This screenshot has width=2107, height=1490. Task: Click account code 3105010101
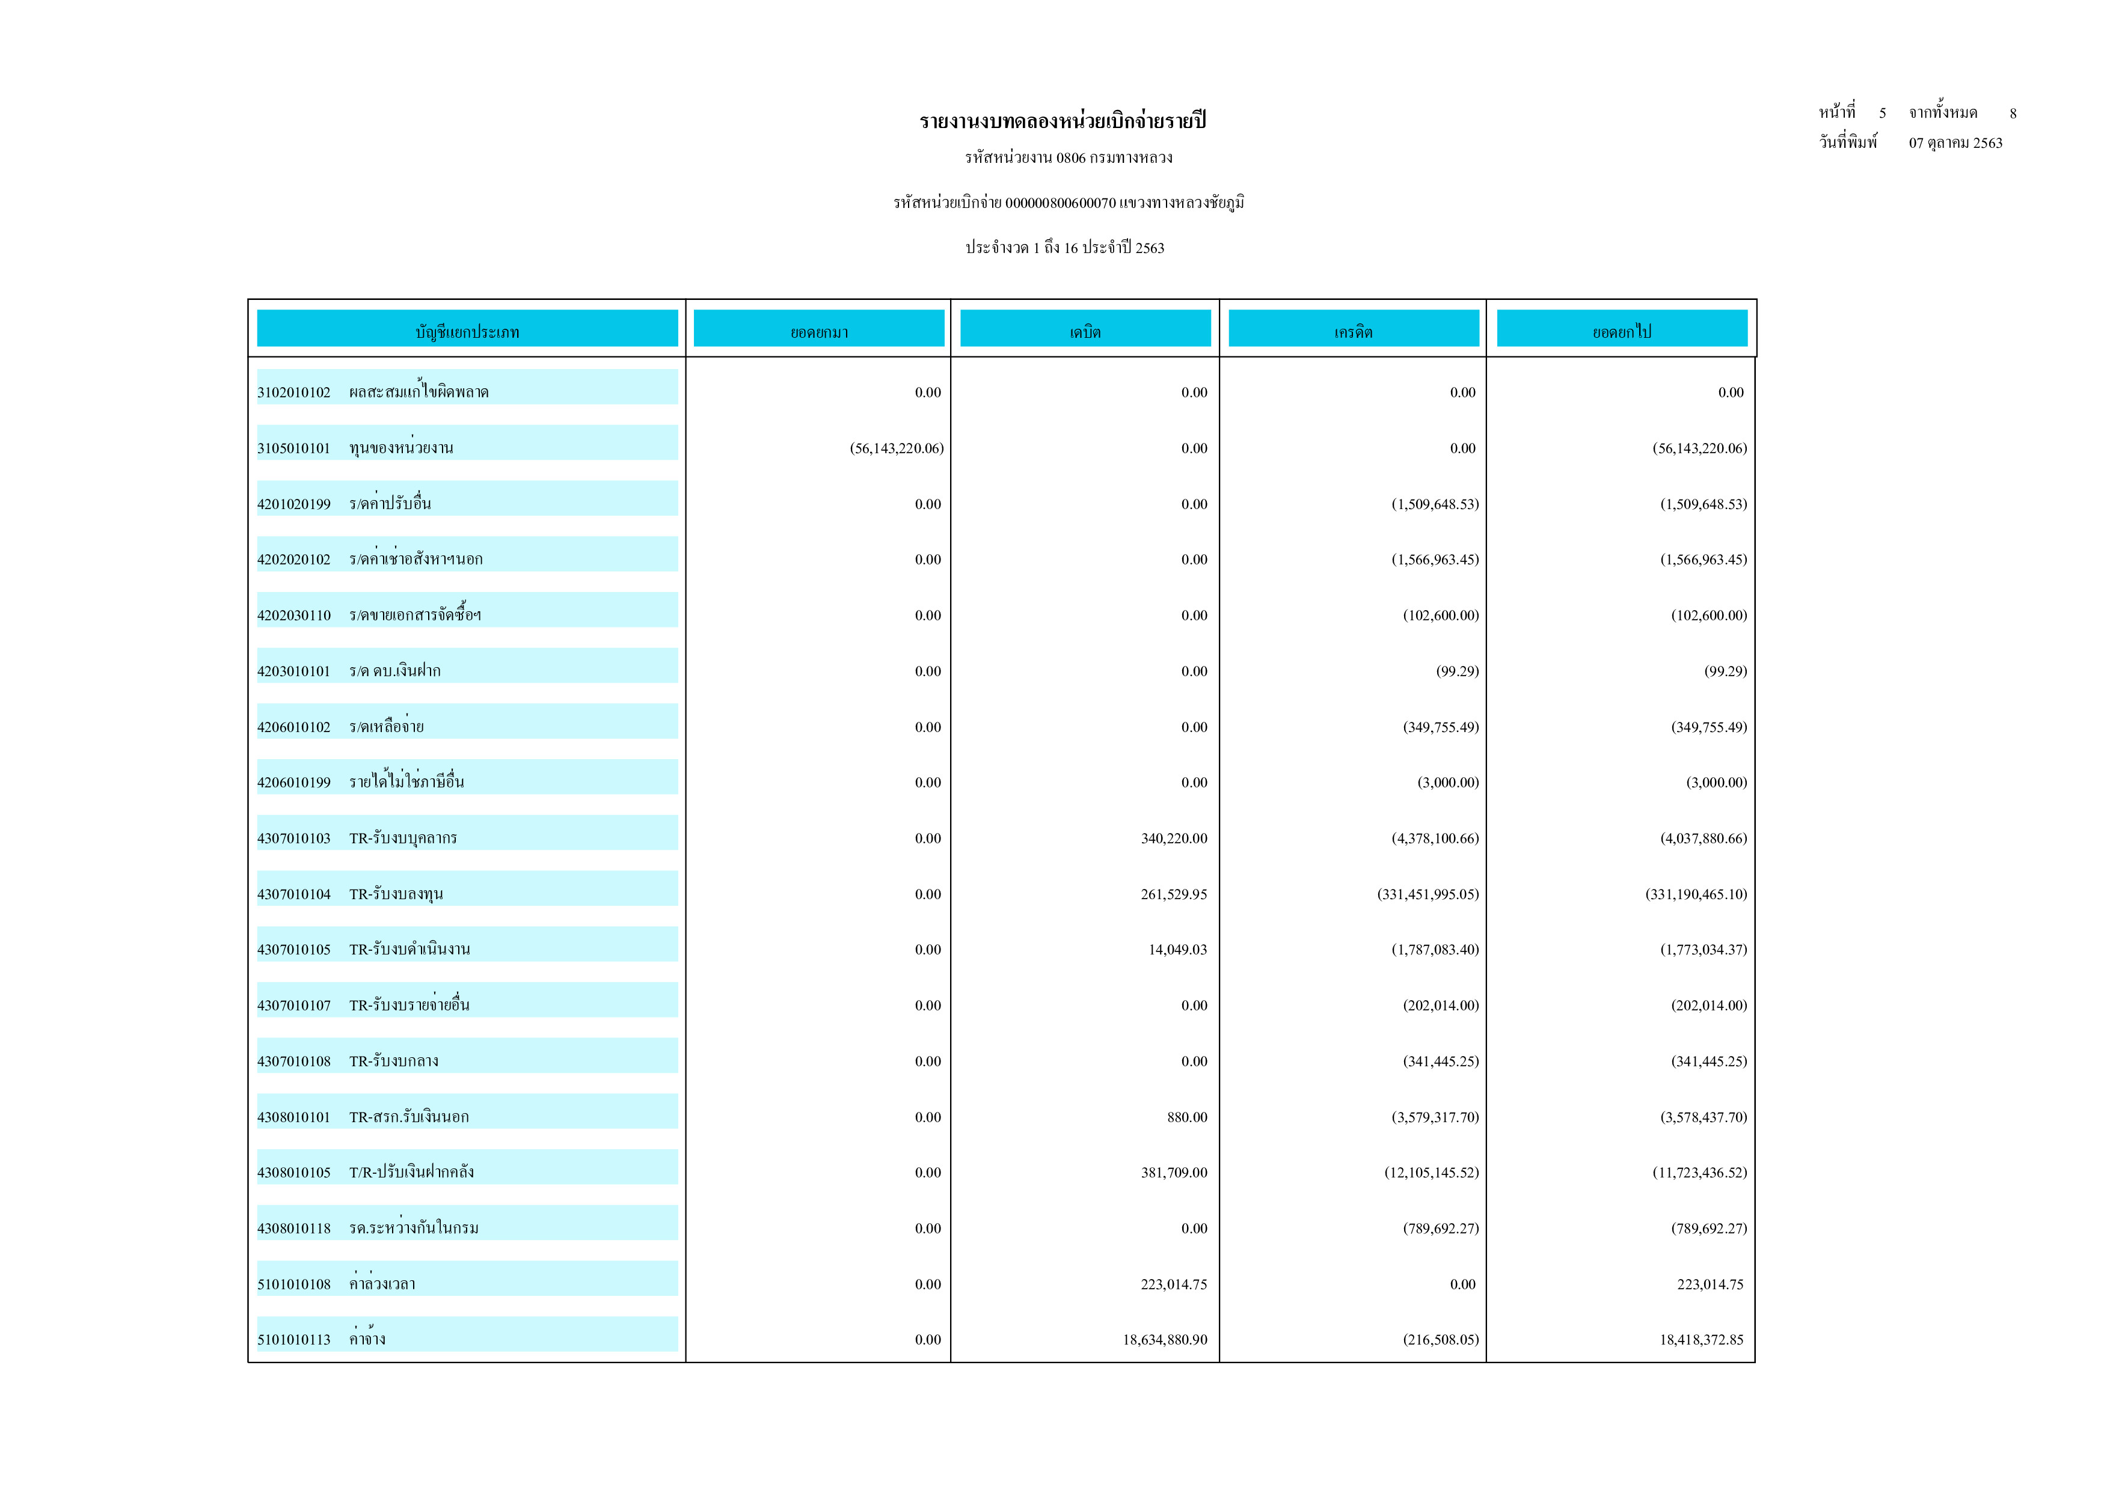click(293, 448)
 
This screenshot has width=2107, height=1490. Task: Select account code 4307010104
click(293, 894)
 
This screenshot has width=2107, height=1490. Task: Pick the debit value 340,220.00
click(1174, 838)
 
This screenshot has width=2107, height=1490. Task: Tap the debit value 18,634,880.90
click(1165, 1340)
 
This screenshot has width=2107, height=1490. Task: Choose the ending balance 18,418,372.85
click(1701, 1340)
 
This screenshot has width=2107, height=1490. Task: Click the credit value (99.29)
click(1456, 671)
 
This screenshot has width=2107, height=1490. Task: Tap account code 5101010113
click(293, 1340)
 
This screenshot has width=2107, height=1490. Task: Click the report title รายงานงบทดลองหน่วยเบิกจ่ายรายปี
click(1062, 121)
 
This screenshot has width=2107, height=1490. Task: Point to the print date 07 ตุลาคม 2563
click(1955, 143)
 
